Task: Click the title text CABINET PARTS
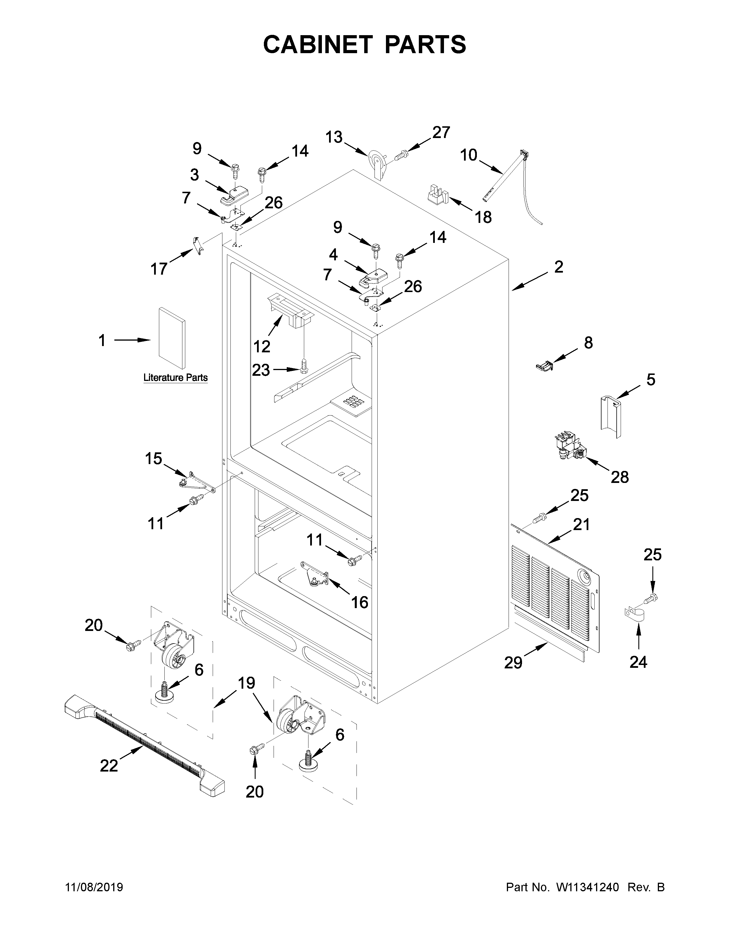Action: (x=364, y=45)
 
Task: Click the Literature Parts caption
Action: (x=175, y=378)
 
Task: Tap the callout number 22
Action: (x=109, y=766)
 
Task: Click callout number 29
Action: (x=513, y=663)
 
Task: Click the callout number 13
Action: (x=334, y=137)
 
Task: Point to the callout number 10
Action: (x=469, y=155)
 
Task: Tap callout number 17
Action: (x=159, y=269)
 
